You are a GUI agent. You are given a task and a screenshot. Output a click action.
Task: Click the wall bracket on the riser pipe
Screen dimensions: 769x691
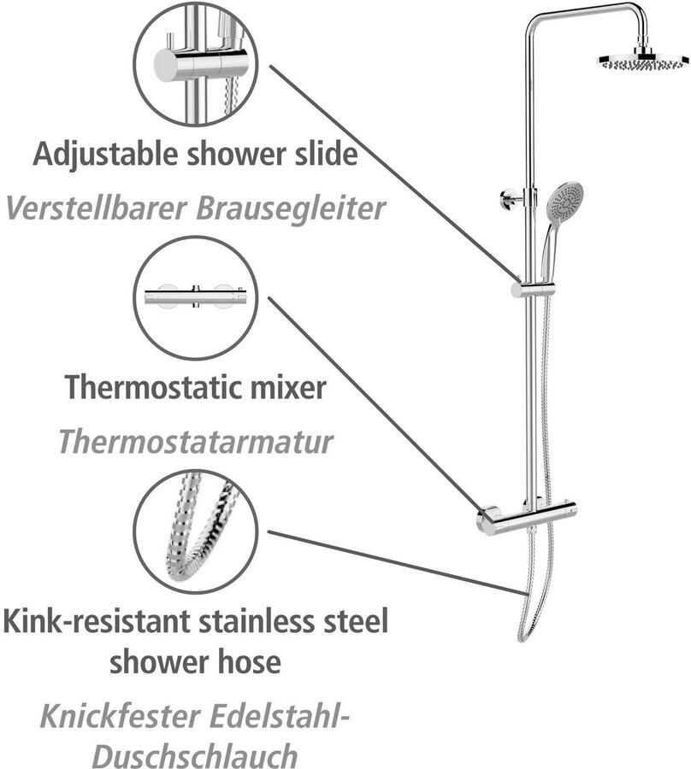coord(510,200)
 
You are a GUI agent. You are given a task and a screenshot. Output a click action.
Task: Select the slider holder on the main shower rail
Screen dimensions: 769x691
coord(532,289)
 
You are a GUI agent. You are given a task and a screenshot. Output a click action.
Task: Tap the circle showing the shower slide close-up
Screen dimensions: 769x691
coord(196,64)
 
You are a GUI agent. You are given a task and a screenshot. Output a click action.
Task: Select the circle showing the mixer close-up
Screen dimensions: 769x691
coord(196,297)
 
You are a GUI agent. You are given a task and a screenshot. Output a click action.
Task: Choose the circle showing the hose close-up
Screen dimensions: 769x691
coord(196,531)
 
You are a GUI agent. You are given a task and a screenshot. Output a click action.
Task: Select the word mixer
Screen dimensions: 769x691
coord(286,388)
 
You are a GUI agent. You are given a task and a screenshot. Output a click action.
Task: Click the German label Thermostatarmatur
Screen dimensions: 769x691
coord(196,441)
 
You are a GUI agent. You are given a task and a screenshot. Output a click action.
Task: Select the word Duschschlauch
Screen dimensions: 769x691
coord(196,756)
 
